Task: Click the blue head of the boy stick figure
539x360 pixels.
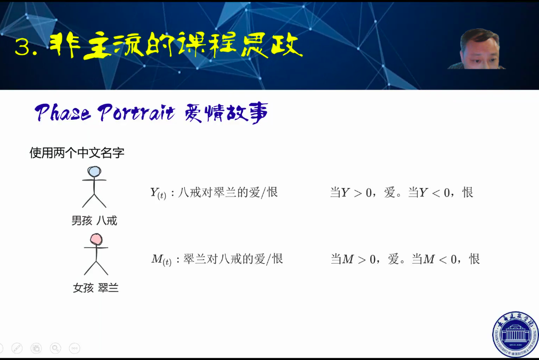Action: point(94,171)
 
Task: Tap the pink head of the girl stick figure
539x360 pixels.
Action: point(96,239)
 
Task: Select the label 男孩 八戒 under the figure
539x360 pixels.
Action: point(94,220)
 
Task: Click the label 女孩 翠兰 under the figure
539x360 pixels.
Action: point(95,288)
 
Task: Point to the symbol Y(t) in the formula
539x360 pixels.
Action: point(158,193)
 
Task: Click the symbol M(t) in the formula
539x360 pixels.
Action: point(161,259)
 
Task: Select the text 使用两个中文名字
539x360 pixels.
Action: point(77,153)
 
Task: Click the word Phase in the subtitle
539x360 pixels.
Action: point(63,112)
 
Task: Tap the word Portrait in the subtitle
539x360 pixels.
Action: point(136,112)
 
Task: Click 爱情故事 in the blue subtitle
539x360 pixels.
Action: point(226,113)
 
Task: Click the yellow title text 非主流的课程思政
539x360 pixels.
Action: point(176,45)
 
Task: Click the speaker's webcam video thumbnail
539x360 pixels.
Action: point(477,49)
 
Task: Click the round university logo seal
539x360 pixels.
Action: point(515,334)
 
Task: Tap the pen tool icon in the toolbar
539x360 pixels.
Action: point(17,348)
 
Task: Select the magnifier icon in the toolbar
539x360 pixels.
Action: point(55,348)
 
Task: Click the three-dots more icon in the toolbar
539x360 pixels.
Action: point(75,348)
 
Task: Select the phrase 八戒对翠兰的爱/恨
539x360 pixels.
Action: point(228,192)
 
